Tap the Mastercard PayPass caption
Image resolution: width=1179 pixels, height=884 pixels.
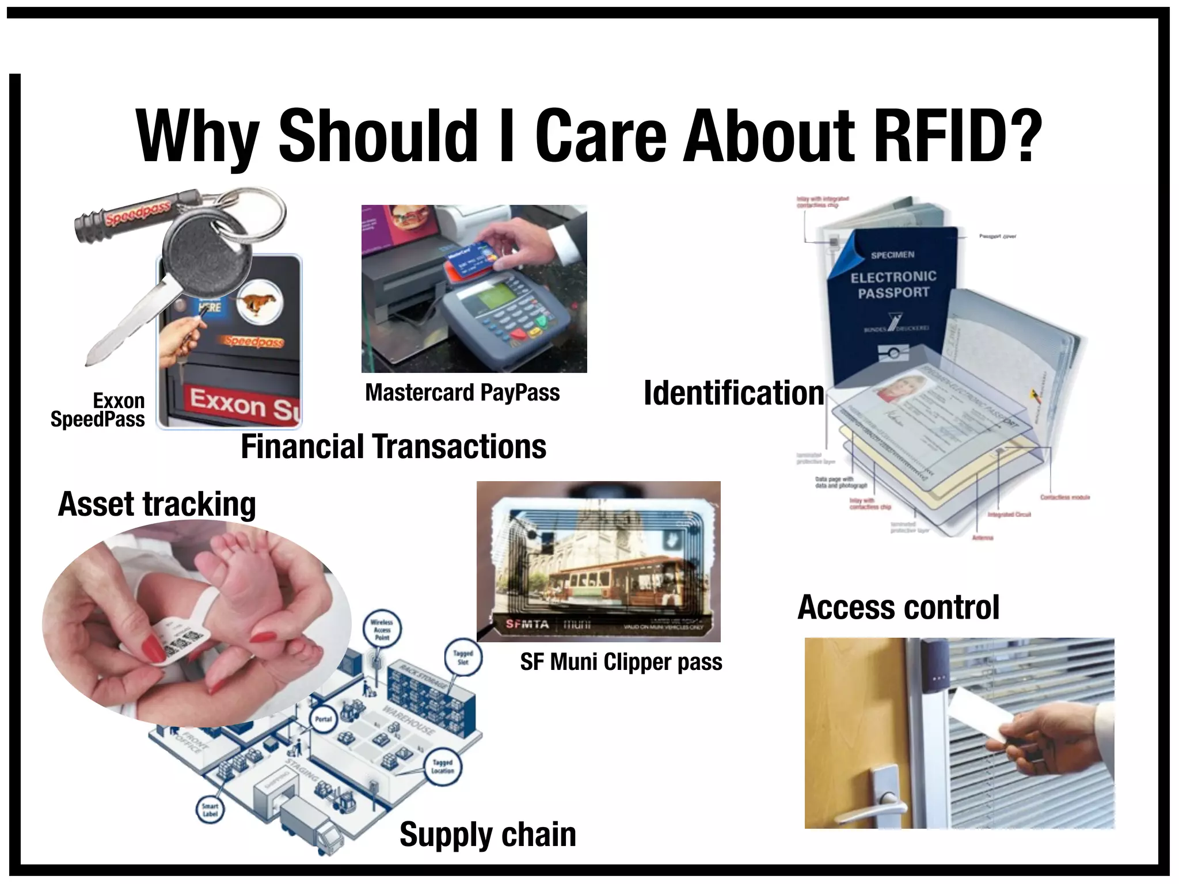point(462,393)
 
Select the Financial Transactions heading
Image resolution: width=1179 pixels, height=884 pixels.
point(393,447)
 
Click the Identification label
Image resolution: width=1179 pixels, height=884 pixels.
point(733,393)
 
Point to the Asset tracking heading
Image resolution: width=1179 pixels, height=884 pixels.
point(157,504)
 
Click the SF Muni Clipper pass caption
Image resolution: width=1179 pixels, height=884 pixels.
point(621,662)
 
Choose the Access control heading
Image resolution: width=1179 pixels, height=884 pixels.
point(898,608)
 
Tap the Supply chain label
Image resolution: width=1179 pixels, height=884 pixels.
point(488,835)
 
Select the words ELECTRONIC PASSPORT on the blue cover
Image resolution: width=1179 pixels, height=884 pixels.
point(893,285)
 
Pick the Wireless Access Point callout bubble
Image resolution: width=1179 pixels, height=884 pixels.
point(381,630)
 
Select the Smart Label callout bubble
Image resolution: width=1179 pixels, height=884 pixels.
point(210,810)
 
